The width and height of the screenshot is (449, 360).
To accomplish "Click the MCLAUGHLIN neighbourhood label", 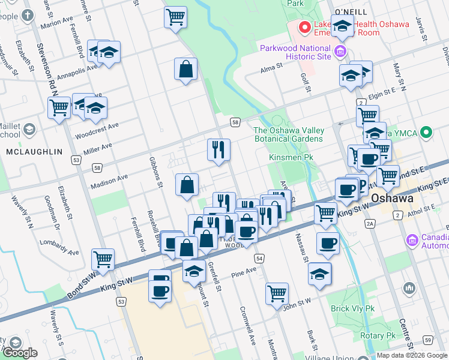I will point(34,152).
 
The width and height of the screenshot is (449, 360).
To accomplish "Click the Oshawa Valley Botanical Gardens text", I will point(289,134).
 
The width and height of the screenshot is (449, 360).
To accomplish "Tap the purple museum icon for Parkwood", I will point(341,52).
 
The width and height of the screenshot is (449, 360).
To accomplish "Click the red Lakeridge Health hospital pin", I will point(305,27).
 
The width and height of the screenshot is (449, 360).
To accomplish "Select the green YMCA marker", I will point(427,132).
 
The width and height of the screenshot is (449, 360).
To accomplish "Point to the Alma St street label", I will point(271,69).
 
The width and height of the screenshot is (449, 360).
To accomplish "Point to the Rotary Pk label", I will point(382,335).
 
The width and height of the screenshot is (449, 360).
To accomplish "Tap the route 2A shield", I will point(370,223).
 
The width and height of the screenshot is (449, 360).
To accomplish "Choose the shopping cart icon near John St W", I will point(277,293).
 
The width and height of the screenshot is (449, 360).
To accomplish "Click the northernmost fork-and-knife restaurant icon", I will point(218,150).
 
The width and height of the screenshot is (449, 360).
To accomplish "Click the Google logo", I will point(20,353).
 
